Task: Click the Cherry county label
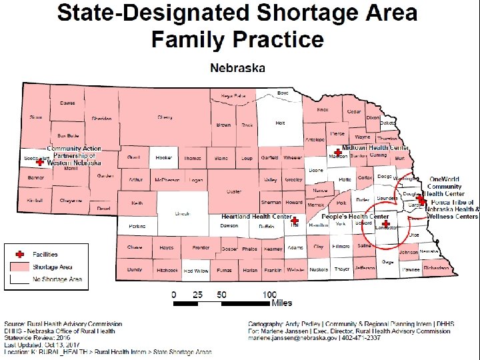[x=165, y=117]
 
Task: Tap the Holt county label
[x=280, y=123]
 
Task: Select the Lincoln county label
[x=183, y=213]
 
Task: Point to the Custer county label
[x=233, y=191]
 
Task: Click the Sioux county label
[x=35, y=117]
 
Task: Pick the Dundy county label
[x=134, y=270]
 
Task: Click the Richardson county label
[x=436, y=268]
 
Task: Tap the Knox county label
[x=323, y=110]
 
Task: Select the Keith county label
[x=137, y=203]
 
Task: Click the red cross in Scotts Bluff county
[x=39, y=162]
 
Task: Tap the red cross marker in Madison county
[x=338, y=153]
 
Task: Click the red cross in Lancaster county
[x=386, y=223]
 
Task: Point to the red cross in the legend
[x=20, y=255]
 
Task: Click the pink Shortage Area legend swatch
[x=20, y=267]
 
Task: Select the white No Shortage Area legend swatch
[x=20, y=279]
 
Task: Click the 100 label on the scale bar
[x=269, y=294]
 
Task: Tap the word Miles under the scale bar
[x=281, y=303]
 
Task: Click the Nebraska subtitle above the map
[x=237, y=67]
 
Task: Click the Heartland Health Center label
[x=256, y=217]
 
